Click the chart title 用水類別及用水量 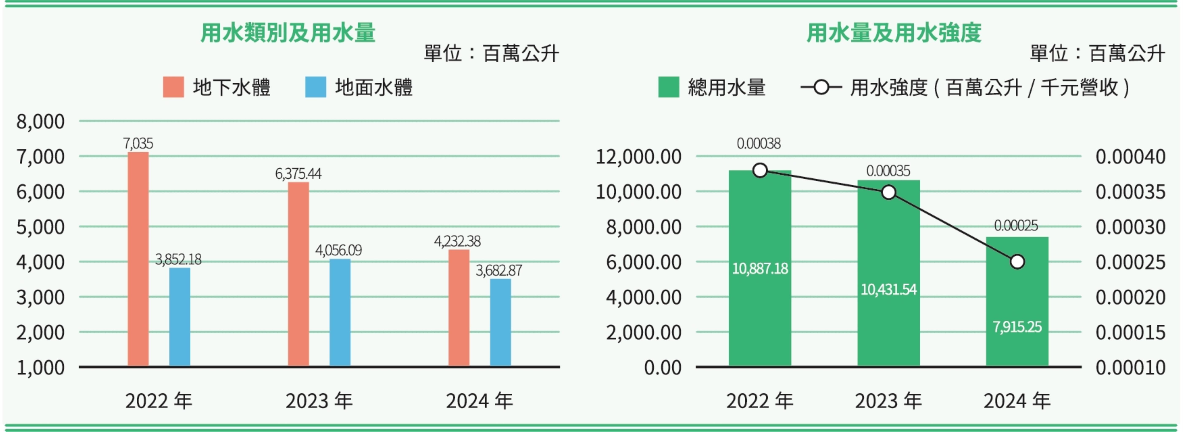click(288, 33)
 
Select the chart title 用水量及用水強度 click(894, 33)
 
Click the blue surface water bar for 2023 click(340, 313)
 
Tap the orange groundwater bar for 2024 click(459, 308)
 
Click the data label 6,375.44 click(299, 174)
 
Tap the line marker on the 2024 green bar click(1017, 262)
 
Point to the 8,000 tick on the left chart click(40, 122)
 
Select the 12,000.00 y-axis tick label click(638, 157)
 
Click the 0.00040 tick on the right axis click(1130, 157)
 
